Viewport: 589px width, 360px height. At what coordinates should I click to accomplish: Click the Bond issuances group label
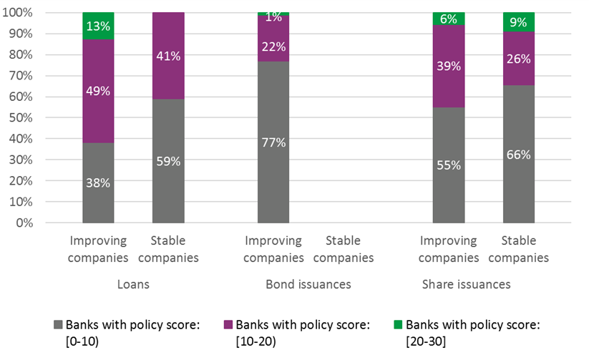pyautogui.click(x=308, y=284)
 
